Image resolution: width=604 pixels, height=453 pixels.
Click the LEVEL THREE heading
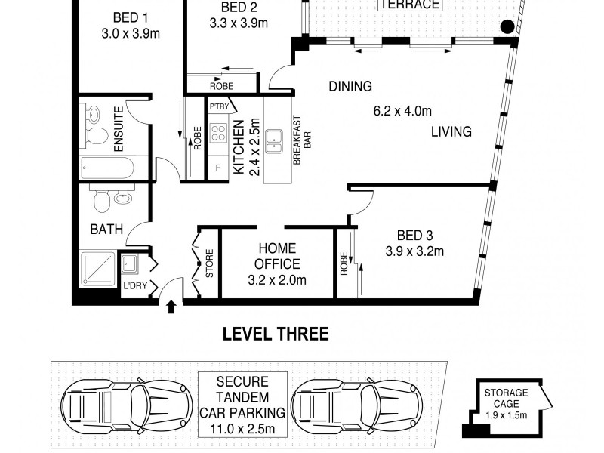click(276, 334)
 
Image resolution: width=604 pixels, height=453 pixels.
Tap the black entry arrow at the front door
click(171, 307)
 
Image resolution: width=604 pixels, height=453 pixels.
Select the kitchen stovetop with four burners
click(218, 134)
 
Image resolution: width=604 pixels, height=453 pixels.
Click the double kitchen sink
click(274, 141)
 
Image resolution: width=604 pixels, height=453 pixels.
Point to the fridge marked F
click(218, 168)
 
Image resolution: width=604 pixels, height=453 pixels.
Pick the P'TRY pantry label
click(219, 106)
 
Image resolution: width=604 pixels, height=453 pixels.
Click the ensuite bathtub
click(107, 168)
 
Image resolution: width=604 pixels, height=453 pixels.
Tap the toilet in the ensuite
click(97, 136)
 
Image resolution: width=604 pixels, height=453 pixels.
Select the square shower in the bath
click(98, 270)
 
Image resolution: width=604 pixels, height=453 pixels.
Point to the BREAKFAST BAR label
click(303, 140)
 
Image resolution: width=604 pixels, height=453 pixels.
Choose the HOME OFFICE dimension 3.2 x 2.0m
click(277, 280)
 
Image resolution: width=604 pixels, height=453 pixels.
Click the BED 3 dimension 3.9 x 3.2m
click(414, 251)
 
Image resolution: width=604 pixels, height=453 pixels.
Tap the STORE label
click(210, 263)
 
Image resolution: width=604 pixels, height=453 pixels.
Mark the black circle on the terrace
click(507, 26)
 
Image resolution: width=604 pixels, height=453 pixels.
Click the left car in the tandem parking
click(127, 407)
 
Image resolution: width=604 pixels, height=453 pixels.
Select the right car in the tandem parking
click(356, 407)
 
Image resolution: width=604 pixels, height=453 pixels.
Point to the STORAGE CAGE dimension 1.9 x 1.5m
click(506, 415)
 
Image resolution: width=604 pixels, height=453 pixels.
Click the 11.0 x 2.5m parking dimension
click(242, 428)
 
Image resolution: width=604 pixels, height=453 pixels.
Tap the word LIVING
click(451, 131)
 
